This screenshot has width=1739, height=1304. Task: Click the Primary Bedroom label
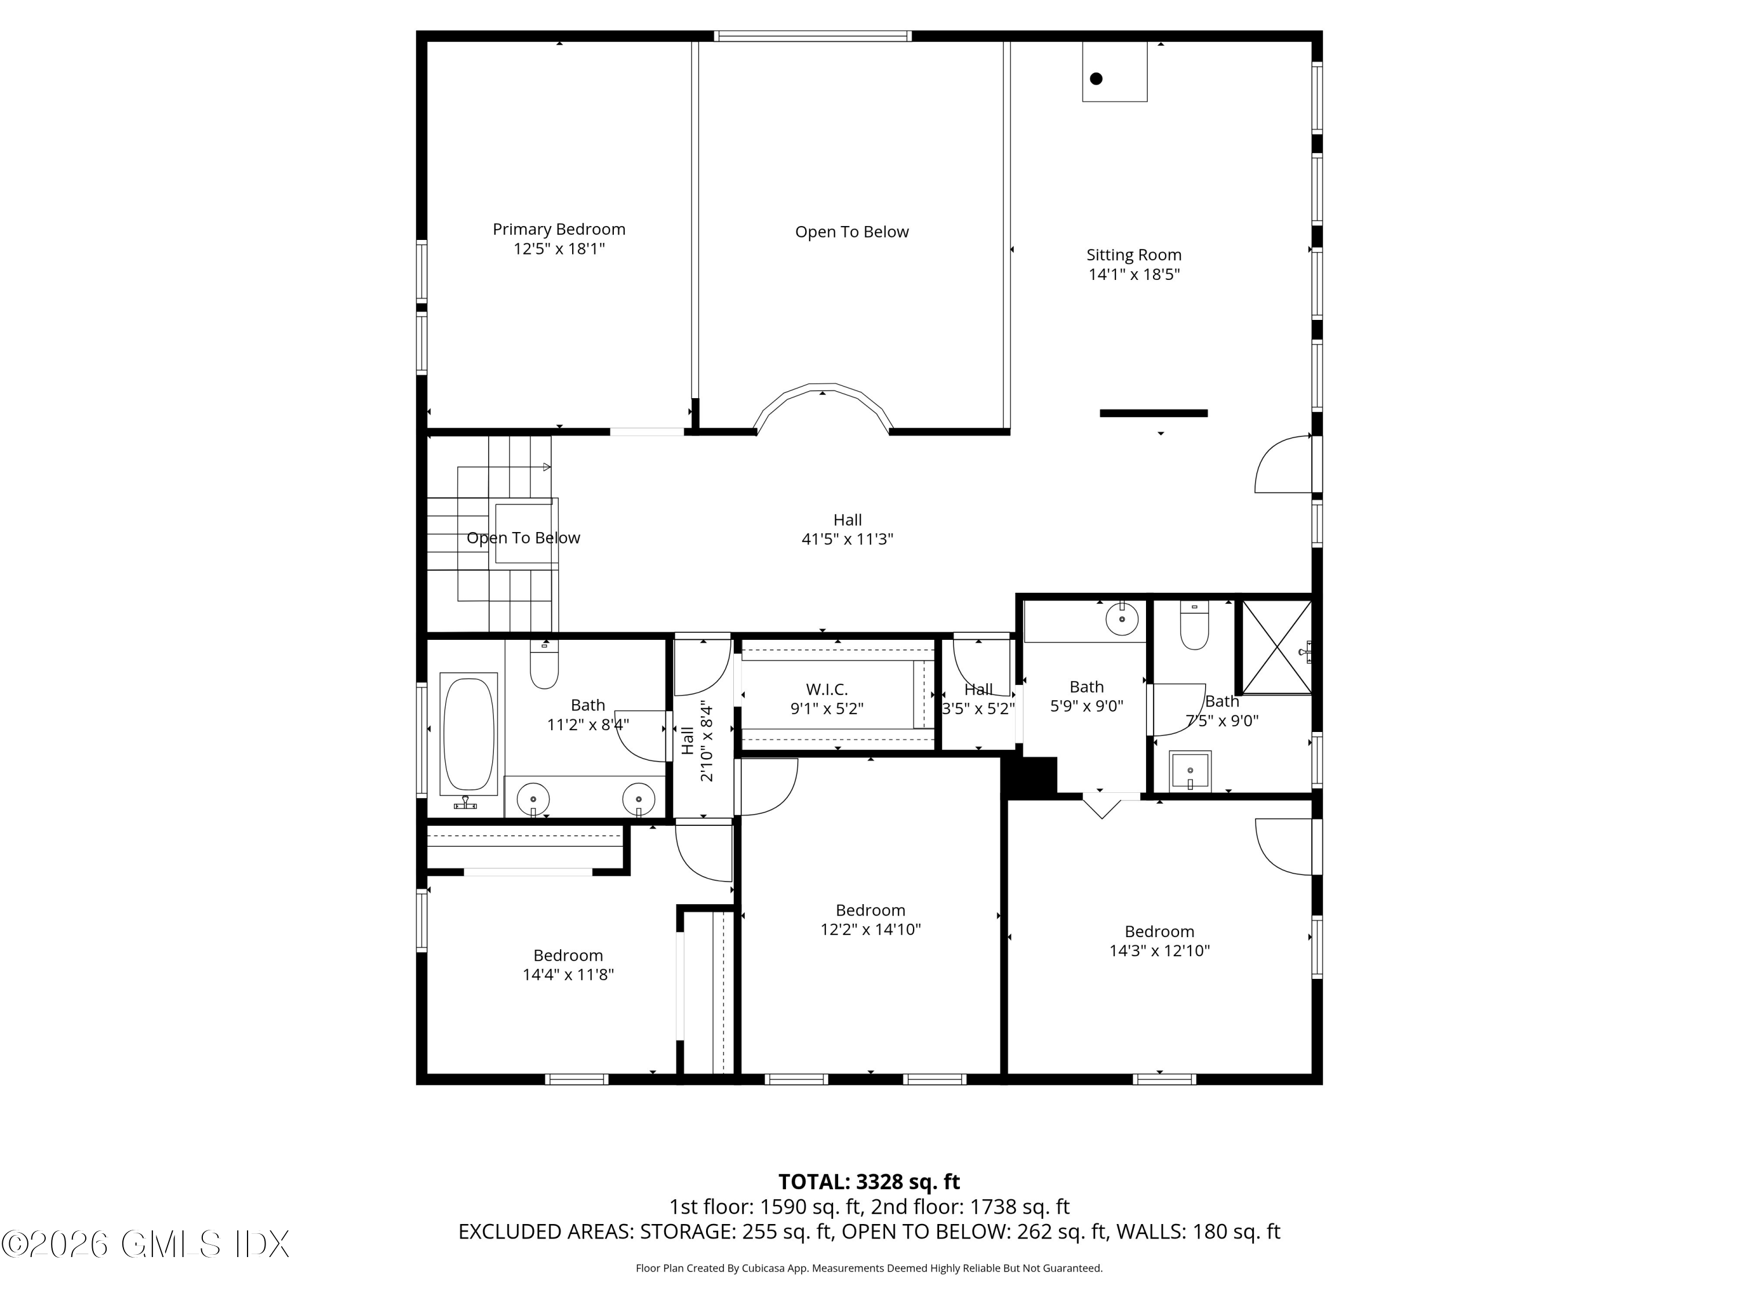(x=559, y=230)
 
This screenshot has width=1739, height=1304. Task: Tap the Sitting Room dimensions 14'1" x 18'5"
(x=1134, y=274)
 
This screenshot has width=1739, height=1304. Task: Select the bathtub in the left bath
(x=468, y=733)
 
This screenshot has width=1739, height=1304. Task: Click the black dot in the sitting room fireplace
(x=1096, y=79)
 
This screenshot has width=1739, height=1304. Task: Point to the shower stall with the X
(x=1276, y=647)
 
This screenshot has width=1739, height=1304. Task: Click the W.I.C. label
(x=826, y=689)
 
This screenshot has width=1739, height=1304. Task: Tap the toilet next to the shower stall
(x=1194, y=626)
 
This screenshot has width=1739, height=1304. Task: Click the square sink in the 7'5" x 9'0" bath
(x=1190, y=771)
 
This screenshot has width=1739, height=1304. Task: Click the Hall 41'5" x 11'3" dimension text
(x=847, y=539)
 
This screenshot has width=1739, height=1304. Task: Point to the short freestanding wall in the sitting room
(x=1154, y=413)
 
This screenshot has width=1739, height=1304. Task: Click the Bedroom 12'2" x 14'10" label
(x=869, y=910)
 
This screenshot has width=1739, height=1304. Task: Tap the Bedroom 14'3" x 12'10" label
(x=1159, y=931)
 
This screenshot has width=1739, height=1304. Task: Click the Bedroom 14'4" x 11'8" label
(x=567, y=955)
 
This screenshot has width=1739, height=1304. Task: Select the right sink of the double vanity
(x=638, y=799)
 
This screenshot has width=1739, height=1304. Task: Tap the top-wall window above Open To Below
(x=813, y=35)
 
